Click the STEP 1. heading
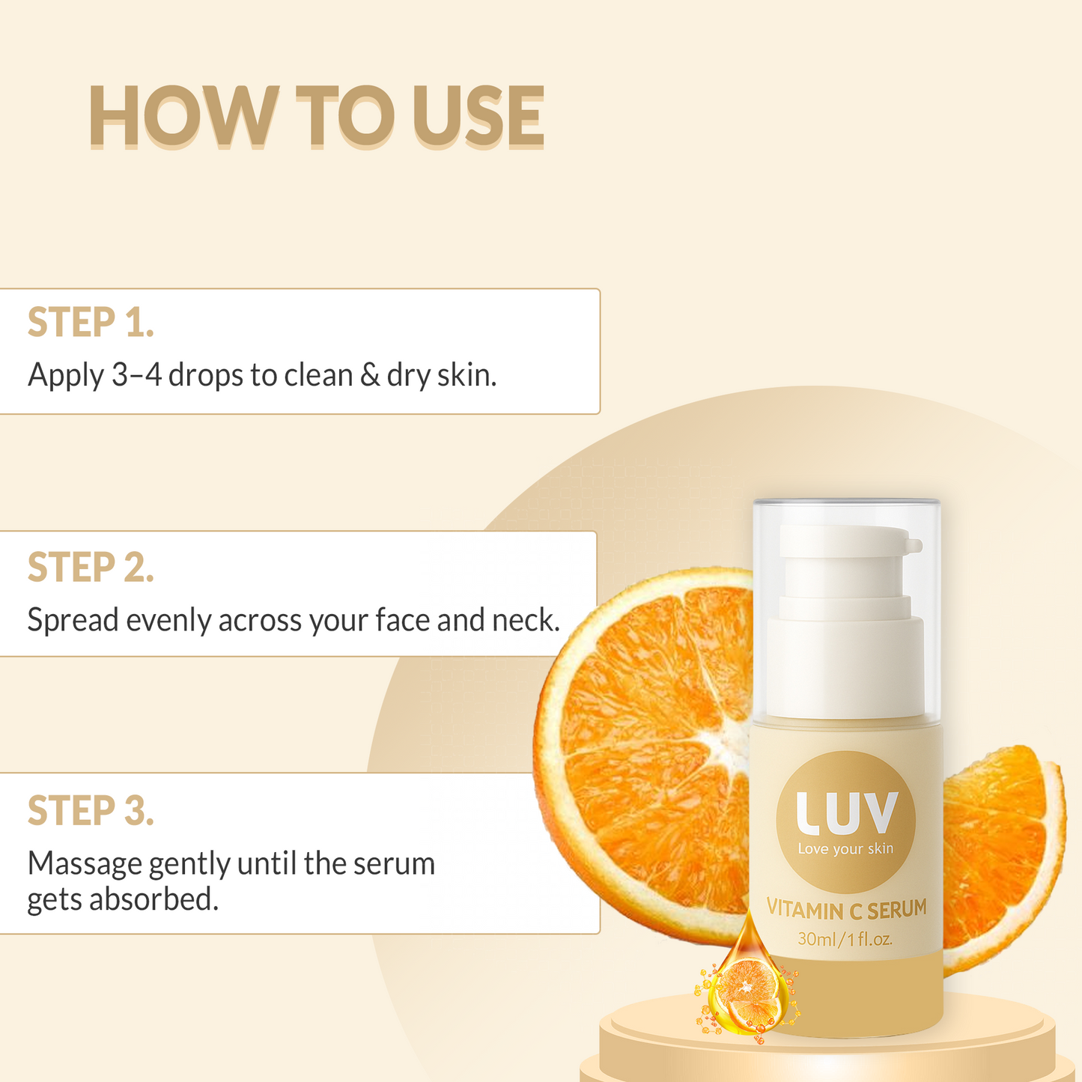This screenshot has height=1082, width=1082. pos(91,323)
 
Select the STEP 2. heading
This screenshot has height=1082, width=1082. pos(91,568)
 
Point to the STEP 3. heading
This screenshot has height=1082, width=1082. pos(91,811)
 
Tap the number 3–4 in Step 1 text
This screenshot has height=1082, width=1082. pos(136,375)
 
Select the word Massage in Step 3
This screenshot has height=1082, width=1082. pos(85,863)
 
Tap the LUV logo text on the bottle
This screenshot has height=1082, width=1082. pos(845,813)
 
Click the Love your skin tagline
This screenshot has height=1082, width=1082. pos(845,849)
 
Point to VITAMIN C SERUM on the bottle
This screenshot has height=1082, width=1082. pos(846,910)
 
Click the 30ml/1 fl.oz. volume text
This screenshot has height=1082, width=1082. pos(845,939)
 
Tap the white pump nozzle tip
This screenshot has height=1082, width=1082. pos(914,544)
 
